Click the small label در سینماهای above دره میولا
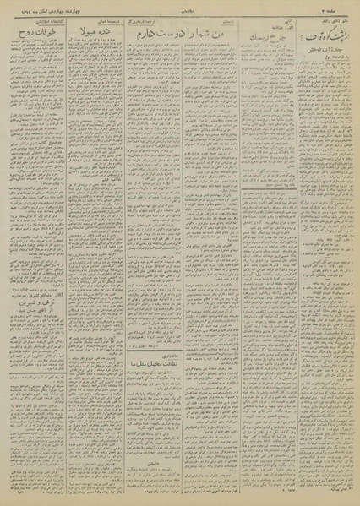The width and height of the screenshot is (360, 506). [96, 21]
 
